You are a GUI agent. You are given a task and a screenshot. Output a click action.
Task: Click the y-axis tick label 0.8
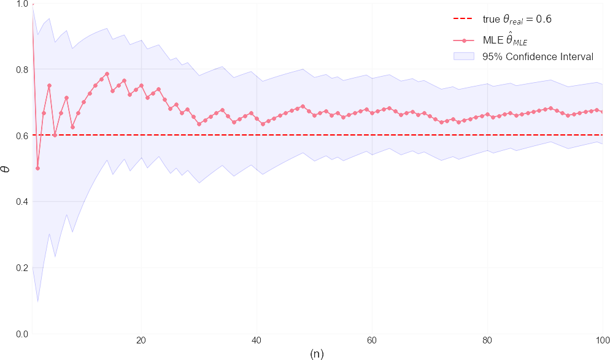tap(20, 69)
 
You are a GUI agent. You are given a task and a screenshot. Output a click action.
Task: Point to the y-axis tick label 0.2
tap(20, 267)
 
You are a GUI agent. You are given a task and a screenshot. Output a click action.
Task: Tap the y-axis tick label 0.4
tap(20, 201)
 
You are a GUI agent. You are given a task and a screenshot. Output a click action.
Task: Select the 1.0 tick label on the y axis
tap(20, 4)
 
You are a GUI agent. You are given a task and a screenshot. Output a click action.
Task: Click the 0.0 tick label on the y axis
tap(20, 334)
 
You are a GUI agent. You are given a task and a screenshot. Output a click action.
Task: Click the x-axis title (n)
tap(317, 354)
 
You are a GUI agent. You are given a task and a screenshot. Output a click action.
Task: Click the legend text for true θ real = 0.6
tap(517, 19)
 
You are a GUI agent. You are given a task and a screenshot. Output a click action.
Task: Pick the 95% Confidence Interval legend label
tap(538, 57)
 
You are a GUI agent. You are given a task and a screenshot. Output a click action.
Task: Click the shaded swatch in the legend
tap(465, 57)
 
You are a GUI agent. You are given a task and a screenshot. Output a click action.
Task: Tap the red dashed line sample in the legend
tap(465, 19)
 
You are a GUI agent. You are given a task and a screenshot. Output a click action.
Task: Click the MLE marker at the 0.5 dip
tap(37, 168)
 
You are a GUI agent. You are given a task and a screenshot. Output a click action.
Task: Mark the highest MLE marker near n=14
tap(107, 74)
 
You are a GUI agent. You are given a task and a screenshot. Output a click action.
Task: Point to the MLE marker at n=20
tap(141, 85)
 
